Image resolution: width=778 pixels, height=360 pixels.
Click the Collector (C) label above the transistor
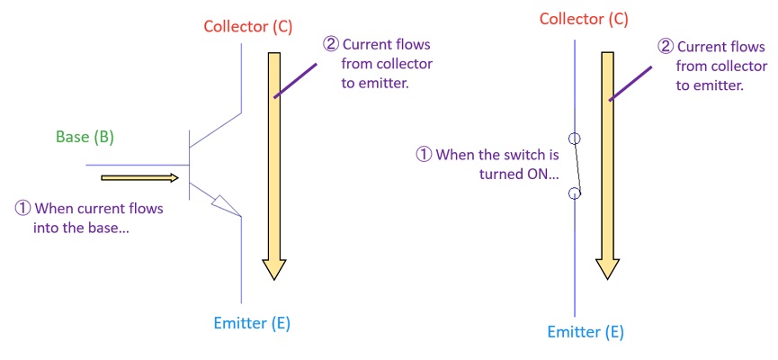pos(247,26)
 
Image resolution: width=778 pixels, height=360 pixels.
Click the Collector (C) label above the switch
pos(584,19)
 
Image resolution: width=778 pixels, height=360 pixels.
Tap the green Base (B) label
pos(85,138)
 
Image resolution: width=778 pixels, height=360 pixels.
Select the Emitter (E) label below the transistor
pos(252,323)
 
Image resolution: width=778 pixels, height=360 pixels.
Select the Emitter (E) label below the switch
pos(586,332)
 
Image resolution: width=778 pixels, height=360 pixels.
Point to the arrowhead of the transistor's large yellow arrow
pos(273,268)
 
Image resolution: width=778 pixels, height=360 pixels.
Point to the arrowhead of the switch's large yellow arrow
pos(607,266)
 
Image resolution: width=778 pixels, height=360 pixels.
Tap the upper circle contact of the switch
pos(575,139)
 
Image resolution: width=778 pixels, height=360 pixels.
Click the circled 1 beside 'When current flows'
pos(23,209)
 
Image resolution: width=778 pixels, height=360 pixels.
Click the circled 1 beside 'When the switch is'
pos(424,155)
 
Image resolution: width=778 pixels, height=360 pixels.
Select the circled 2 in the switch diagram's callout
pos(665,46)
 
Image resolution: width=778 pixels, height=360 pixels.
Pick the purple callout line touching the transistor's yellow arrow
pos(294,79)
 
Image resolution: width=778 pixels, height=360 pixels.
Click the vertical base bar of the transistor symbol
pos(190,165)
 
